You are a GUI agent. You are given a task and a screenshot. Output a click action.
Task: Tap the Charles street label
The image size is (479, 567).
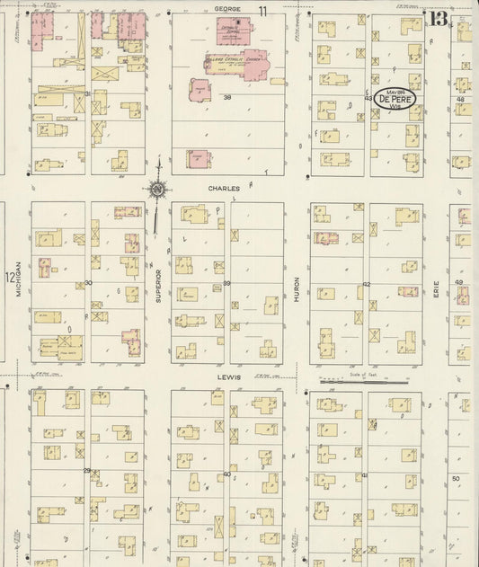(x=221, y=189)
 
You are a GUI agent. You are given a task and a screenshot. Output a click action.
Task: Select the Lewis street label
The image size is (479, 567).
(x=228, y=377)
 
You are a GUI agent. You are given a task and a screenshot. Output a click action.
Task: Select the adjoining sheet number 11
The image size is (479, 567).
(x=263, y=10)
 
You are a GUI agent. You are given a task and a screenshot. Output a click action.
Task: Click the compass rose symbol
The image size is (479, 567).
(x=157, y=189)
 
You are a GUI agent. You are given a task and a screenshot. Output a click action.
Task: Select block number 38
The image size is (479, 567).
(x=227, y=97)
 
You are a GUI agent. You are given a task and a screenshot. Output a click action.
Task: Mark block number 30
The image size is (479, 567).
(x=88, y=283)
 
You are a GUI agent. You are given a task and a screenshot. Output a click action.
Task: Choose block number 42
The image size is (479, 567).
(x=367, y=284)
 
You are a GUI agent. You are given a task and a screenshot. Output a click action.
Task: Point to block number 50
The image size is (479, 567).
(x=456, y=478)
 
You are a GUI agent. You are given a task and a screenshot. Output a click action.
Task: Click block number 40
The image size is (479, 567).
(x=227, y=474)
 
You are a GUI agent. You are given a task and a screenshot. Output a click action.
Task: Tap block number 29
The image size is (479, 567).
(x=87, y=470)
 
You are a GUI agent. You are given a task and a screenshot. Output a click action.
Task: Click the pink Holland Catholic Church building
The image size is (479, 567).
(x=238, y=63)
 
